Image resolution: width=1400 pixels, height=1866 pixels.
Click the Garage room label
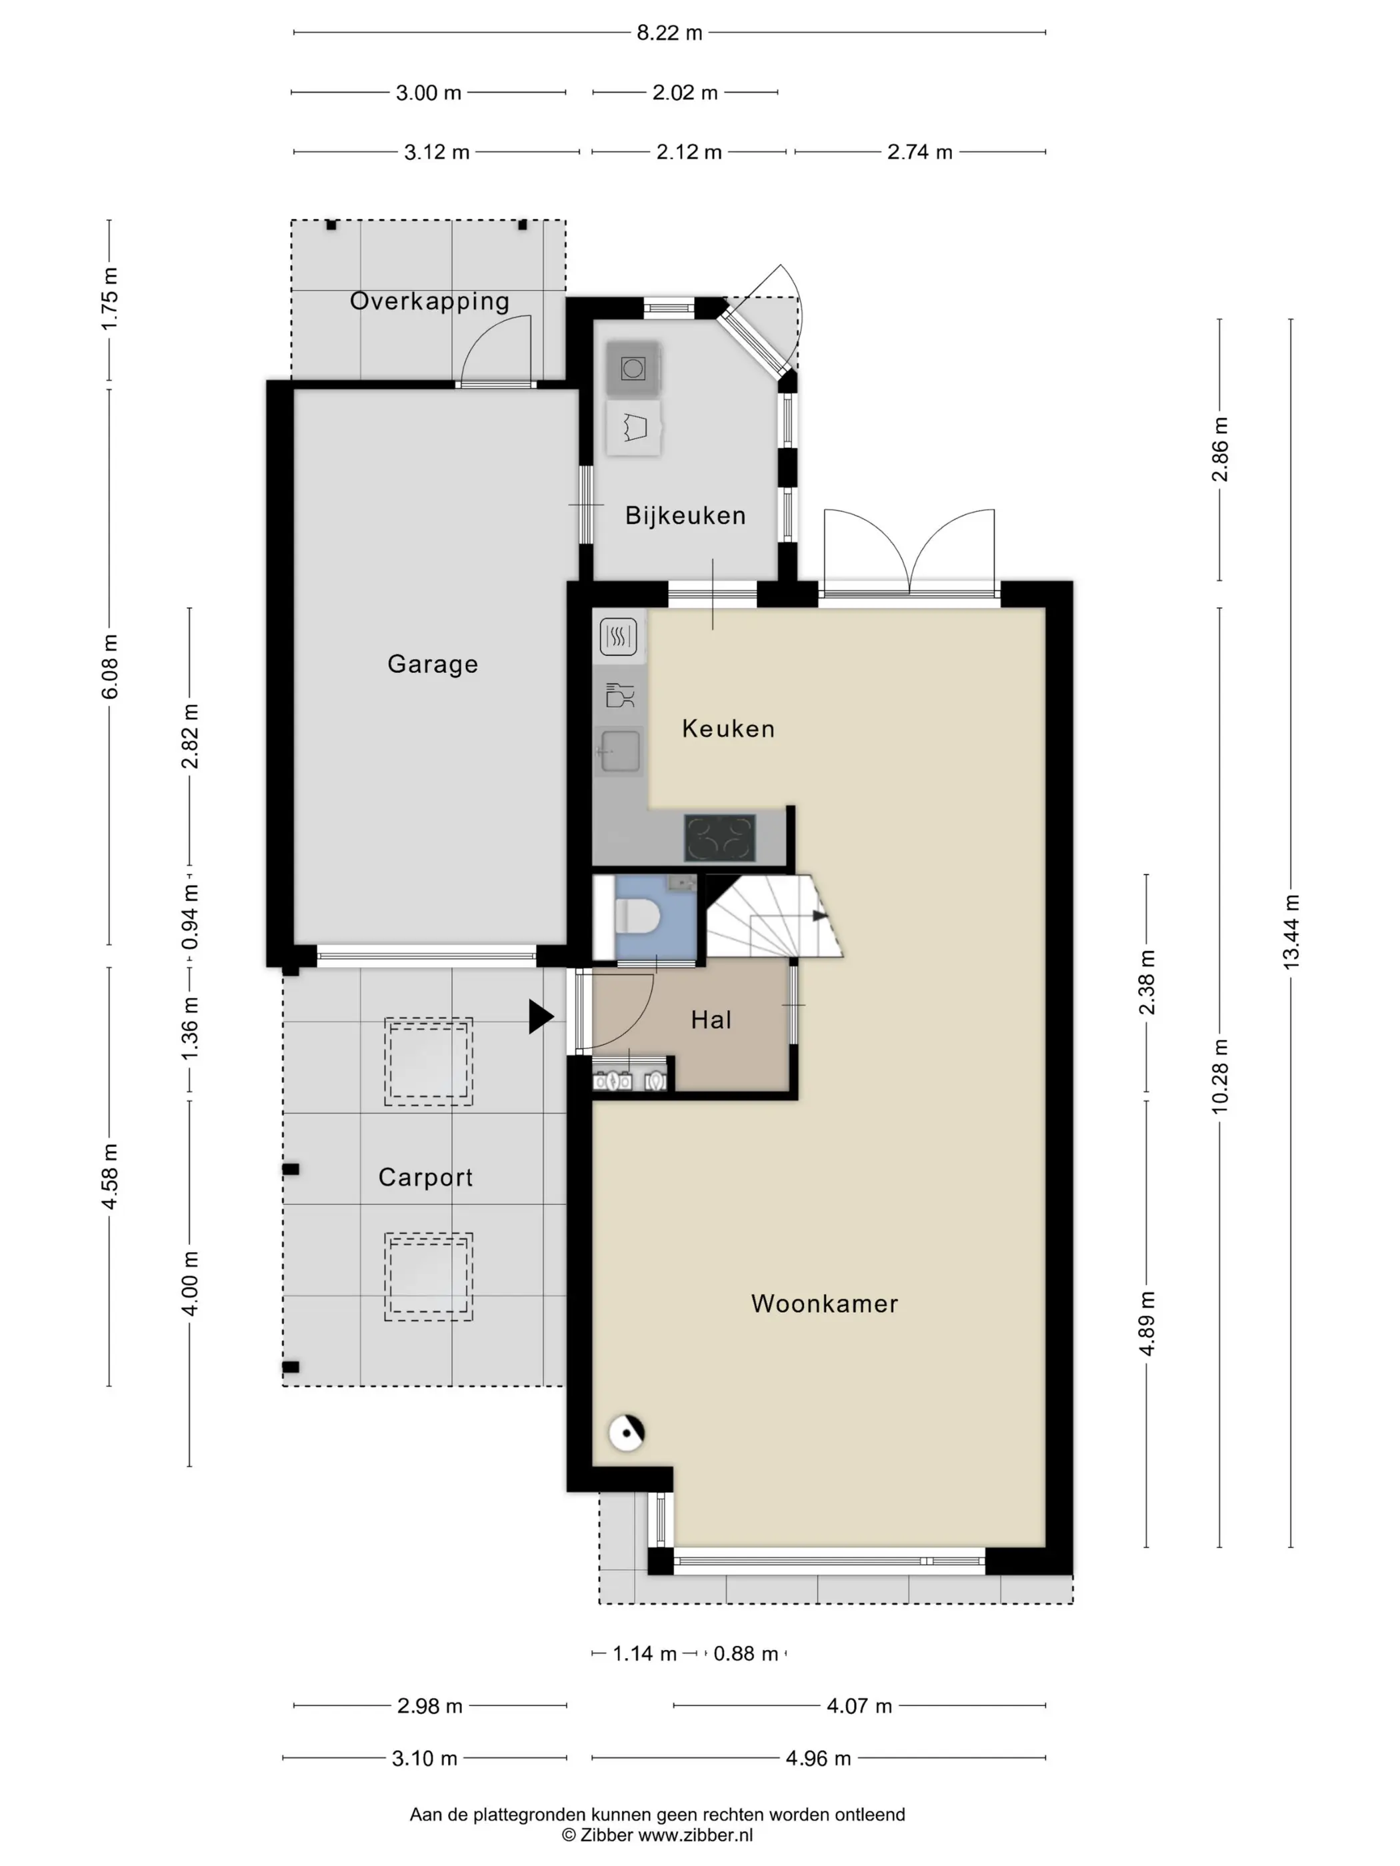432,664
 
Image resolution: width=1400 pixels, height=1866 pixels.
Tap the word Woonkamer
825,1304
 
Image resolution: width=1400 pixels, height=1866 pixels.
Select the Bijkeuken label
685,515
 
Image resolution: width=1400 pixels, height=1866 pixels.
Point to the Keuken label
728,728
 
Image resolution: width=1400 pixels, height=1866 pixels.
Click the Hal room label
711,1020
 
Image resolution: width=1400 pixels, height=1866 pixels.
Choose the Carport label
425,1178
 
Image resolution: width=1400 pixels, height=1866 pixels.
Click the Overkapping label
429,301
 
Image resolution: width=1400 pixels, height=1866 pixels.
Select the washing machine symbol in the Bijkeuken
633,368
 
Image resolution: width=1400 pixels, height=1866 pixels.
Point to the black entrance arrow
541,1016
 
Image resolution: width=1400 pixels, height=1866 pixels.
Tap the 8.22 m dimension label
669,33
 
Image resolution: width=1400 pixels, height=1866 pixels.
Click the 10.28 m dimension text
1219,1076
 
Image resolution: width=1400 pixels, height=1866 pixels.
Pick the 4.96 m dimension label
818,1759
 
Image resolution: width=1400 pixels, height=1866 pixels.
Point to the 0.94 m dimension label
191,916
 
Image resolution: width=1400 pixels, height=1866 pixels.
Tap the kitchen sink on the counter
619,750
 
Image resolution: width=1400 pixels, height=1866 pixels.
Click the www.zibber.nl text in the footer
695,1835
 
